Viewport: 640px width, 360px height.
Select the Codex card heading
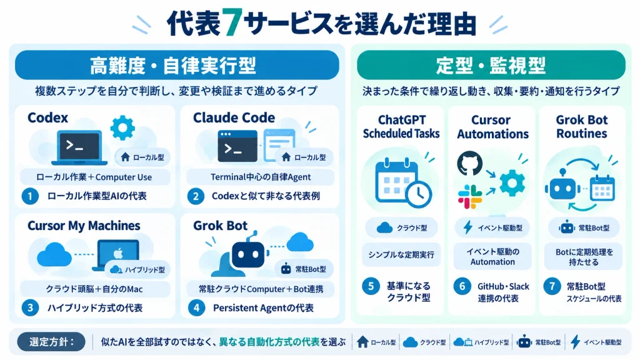click(x=47, y=117)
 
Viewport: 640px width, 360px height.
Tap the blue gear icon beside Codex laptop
click(x=122, y=127)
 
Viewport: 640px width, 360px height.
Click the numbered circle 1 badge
click(x=30, y=196)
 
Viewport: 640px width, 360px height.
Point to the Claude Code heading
click(x=234, y=117)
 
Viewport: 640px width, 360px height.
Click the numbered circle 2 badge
click(x=196, y=196)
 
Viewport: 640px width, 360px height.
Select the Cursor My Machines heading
click(x=84, y=226)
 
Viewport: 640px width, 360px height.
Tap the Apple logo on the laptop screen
click(x=118, y=254)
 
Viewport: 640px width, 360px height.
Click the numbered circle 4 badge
click(x=196, y=307)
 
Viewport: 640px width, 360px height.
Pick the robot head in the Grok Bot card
click(x=248, y=254)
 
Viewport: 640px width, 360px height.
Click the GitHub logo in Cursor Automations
click(x=469, y=163)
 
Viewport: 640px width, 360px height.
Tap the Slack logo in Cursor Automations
click(x=470, y=197)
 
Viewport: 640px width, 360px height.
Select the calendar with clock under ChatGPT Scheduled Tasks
click(x=402, y=183)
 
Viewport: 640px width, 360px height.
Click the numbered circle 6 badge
click(x=462, y=286)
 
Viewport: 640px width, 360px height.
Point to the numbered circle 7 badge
click(x=552, y=286)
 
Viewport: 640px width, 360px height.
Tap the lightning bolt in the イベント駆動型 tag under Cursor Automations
click(x=467, y=227)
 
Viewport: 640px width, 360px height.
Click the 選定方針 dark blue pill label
click(x=51, y=342)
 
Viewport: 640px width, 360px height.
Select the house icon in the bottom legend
click(x=362, y=342)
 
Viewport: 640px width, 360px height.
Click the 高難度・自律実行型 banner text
click(x=172, y=66)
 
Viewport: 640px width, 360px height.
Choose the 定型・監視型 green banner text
click(x=491, y=66)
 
